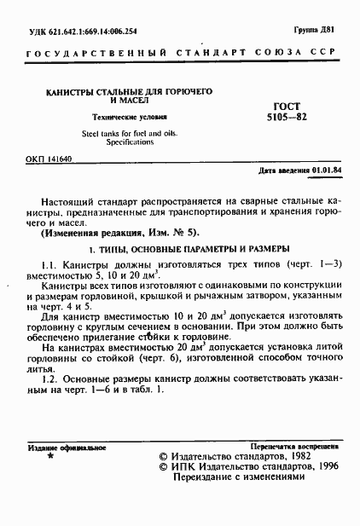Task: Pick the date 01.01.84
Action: [327, 171]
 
